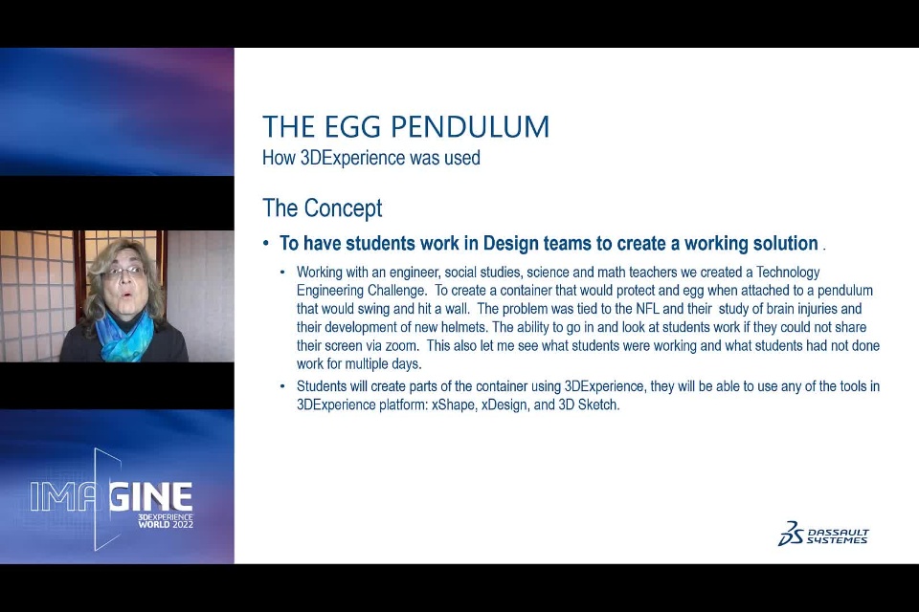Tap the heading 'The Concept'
click(x=323, y=208)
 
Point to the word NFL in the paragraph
click(x=648, y=309)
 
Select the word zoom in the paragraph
click(x=400, y=345)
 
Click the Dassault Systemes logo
click(x=823, y=534)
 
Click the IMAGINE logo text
click(x=111, y=496)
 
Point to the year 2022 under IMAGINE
click(x=183, y=524)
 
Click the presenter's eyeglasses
click(x=124, y=273)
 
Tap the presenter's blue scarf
click(x=124, y=335)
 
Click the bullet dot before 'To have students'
click(x=267, y=244)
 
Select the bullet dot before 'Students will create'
click(x=283, y=386)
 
